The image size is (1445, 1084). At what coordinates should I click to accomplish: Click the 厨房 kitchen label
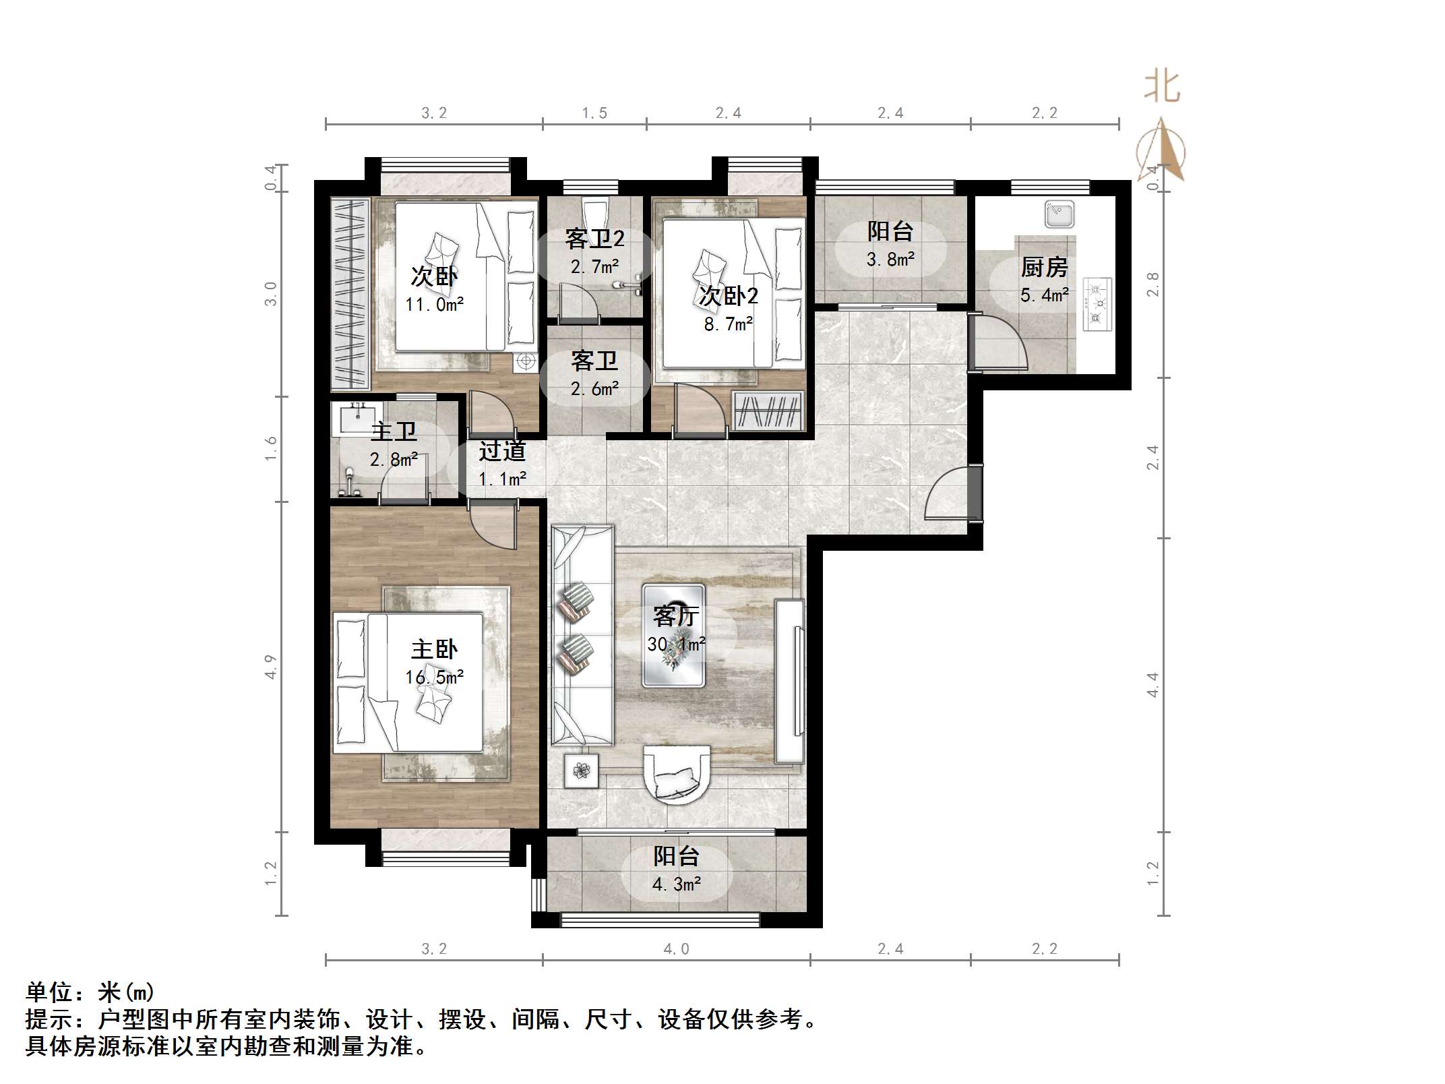click(1044, 268)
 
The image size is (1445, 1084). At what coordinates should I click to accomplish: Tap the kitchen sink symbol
click(1059, 215)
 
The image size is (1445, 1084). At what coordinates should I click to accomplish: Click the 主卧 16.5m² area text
click(434, 677)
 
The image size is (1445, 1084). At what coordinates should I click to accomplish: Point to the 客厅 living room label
click(675, 615)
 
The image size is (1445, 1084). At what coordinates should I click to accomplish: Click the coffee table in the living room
click(673, 636)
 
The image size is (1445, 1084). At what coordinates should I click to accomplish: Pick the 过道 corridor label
click(502, 451)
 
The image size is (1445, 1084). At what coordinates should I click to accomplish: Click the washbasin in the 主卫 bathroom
click(357, 418)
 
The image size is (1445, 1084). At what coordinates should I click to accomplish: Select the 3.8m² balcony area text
click(890, 259)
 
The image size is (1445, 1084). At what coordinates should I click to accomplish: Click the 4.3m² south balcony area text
click(676, 884)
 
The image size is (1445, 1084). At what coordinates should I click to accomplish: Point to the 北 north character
click(1162, 88)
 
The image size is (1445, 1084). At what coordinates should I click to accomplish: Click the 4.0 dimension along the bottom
click(676, 949)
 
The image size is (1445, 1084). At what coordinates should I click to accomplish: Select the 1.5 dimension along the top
click(594, 113)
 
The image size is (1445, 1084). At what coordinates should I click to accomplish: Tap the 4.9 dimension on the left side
click(271, 666)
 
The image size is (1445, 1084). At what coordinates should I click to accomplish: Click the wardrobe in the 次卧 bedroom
click(350, 294)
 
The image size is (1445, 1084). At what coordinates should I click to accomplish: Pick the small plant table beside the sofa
click(581, 770)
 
